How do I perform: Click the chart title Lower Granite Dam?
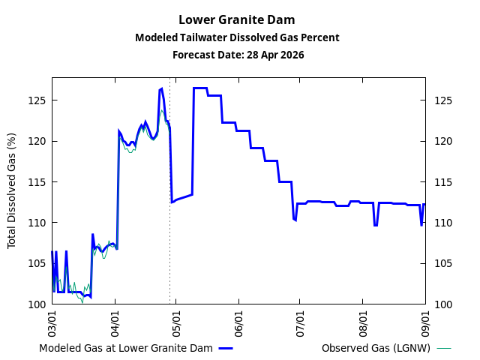[x=237, y=20]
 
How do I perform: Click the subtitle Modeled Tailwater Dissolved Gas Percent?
[x=237, y=37]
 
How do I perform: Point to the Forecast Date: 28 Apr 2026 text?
[x=237, y=55]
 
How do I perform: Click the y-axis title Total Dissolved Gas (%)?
[x=11, y=190]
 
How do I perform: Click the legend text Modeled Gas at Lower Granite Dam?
[x=126, y=349]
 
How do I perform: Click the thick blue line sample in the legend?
[x=226, y=349]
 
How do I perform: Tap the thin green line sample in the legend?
[x=444, y=349]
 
